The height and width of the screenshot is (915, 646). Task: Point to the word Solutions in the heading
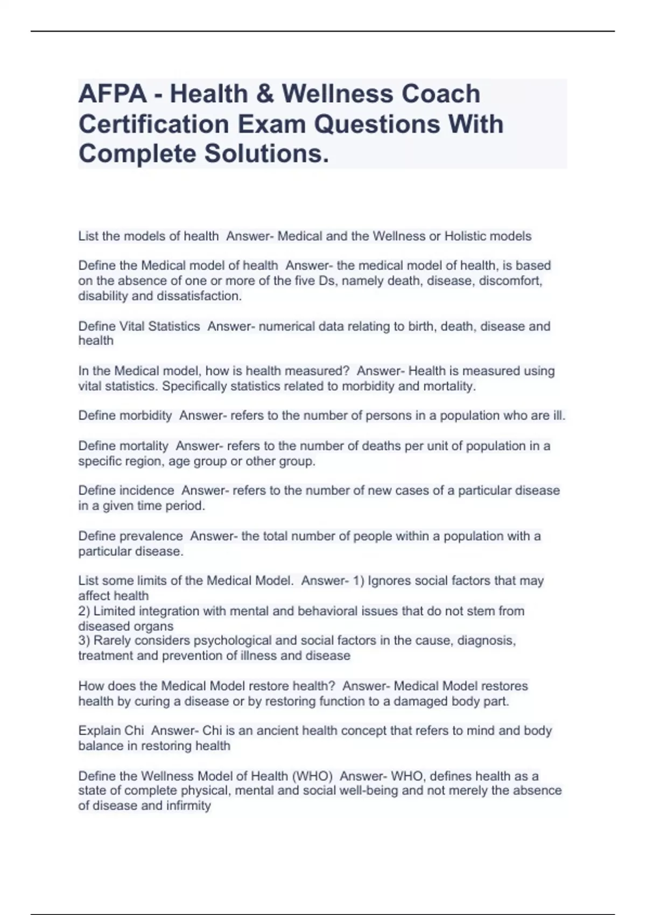265,154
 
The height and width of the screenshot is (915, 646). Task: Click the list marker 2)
85,611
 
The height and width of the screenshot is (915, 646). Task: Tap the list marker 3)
85,640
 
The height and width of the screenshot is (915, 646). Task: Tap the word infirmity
188,806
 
